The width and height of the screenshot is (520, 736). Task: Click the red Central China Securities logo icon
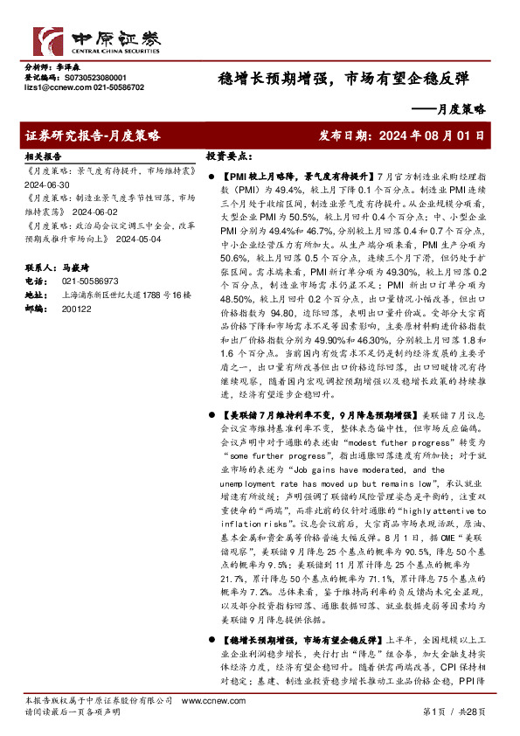[45, 41]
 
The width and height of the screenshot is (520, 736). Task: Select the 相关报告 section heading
[40, 154]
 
